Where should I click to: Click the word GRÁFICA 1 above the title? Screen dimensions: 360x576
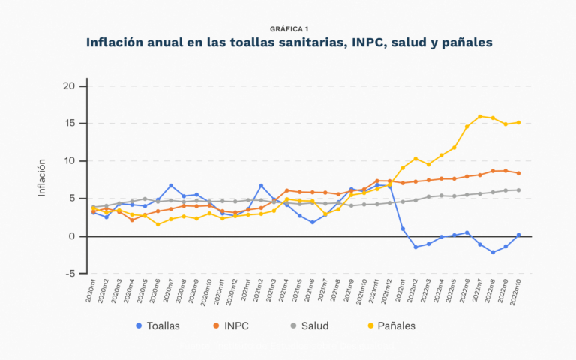pyautogui.click(x=288, y=28)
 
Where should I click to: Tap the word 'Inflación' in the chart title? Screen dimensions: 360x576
pyautogui.click(x=120, y=43)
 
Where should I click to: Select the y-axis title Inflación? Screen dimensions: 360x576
pyautogui.click(x=43, y=178)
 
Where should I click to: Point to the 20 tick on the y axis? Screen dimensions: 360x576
pyautogui.click(x=68, y=85)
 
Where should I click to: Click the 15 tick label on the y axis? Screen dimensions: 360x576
pyautogui.click(x=69, y=123)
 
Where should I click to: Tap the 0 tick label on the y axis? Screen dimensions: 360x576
pyautogui.click(x=73, y=235)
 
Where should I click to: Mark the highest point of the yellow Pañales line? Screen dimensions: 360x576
pyautogui.click(x=480, y=116)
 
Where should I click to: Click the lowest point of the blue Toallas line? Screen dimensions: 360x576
pyautogui.click(x=493, y=252)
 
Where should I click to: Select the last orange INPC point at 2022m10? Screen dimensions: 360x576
pyautogui.click(x=518, y=173)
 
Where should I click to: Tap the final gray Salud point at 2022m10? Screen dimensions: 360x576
pyautogui.click(x=518, y=190)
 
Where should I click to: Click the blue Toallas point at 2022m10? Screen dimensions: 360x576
pyautogui.click(x=518, y=235)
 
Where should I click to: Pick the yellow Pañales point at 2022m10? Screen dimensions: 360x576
pyautogui.click(x=518, y=122)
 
